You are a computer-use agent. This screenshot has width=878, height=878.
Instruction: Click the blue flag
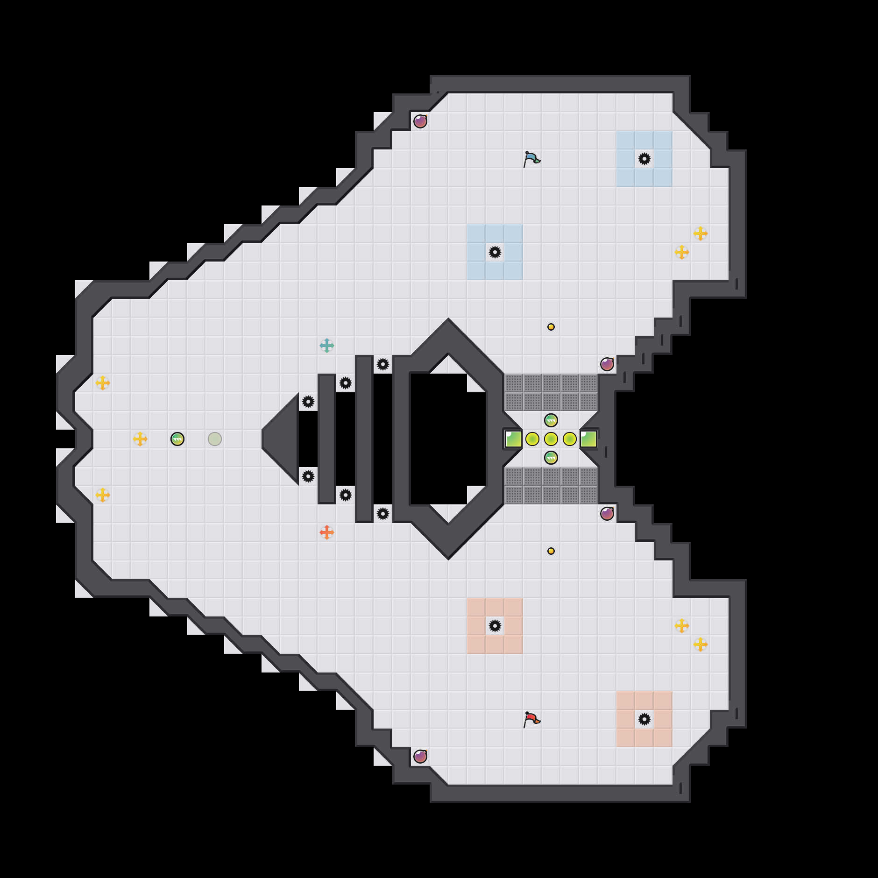click(531, 159)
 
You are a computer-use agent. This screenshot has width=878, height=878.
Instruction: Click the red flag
click(531, 719)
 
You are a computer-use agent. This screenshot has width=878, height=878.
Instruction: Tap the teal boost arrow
click(327, 346)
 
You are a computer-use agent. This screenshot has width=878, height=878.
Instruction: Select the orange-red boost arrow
click(327, 532)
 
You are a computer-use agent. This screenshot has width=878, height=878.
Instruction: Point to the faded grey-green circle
click(215, 439)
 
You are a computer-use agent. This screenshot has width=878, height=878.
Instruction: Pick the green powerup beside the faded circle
click(177, 439)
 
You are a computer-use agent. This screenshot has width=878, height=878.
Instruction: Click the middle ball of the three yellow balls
click(551, 439)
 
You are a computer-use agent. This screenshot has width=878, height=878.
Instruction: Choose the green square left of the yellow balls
click(514, 439)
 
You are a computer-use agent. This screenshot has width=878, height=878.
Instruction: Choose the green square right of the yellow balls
click(588, 439)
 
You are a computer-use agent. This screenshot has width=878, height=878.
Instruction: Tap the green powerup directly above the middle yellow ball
click(551, 420)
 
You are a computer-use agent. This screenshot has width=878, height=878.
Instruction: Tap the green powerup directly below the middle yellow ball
click(551, 458)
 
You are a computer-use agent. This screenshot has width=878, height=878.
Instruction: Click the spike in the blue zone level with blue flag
click(644, 159)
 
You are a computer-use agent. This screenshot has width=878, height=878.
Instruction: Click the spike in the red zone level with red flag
click(644, 719)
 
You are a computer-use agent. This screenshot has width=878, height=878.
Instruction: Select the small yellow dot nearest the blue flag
click(551, 327)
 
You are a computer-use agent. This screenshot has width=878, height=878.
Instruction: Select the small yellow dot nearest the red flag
click(551, 551)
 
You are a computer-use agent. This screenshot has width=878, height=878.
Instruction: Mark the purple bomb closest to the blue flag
click(420, 121)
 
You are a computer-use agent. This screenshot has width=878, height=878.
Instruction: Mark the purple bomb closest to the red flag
click(420, 757)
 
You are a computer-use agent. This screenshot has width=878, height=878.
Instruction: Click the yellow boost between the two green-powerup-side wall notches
click(140, 439)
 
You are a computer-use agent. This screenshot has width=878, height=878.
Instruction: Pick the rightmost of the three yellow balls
click(570, 439)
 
